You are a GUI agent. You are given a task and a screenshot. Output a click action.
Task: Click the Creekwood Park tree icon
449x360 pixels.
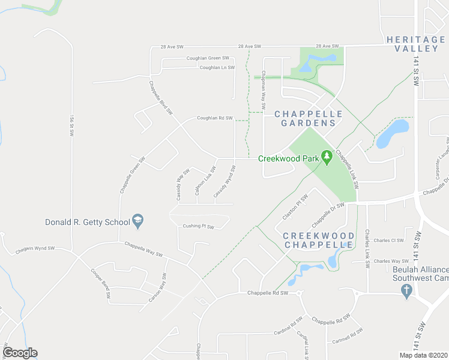pyautogui.click(x=327, y=158)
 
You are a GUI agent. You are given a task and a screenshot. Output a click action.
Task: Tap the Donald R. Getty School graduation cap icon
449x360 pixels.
pyautogui.click(x=137, y=221)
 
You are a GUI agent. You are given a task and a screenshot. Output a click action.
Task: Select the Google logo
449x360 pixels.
pyautogui.click(x=20, y=353)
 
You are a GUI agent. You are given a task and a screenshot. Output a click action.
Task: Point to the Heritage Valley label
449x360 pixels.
pyautogui.click(x=415, y=44)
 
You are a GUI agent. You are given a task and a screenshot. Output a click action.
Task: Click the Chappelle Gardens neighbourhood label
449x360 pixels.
pyautogui.click(x=308, y=118)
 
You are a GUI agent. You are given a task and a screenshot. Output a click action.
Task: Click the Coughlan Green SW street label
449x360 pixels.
pyautogui.click(x=208, y=58)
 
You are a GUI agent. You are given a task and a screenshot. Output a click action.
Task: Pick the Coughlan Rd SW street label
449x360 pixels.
pyautogui.click(x=214, y=118)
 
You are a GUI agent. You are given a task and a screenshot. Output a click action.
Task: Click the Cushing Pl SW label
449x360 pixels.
pyautogui.click(x=199, y=227)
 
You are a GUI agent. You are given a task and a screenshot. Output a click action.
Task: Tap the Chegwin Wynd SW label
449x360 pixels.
pyautogui.click(x=35, y=248)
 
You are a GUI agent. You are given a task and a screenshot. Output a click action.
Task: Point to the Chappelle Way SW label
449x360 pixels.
pyautogui.click(x=144, y=249)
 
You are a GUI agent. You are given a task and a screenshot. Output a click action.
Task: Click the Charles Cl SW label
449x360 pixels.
pyautogui.click(x=388, y=241)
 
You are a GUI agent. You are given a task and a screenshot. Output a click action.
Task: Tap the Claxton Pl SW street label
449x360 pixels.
pyautogui.click(x=296, y=206)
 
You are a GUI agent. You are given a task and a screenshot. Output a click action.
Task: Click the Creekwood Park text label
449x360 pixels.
pyautogui.click(x=288, y=158)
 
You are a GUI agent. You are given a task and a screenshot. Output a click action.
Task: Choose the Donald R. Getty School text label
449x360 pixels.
pyautogui.click(x=88, y=222)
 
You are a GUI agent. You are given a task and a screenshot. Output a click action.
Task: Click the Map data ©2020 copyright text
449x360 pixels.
pyautogui.click(x=423, y=355)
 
